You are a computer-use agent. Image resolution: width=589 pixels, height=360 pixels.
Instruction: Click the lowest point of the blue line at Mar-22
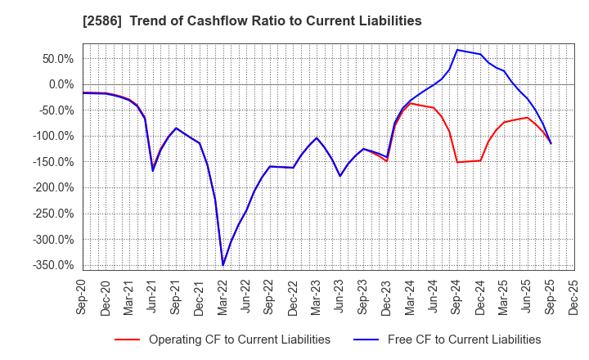223,264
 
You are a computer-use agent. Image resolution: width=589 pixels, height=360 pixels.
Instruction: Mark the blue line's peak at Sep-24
456,50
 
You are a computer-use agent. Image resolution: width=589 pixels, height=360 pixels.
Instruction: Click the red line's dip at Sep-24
456,162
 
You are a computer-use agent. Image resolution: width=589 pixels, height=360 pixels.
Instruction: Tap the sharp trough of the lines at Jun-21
153,170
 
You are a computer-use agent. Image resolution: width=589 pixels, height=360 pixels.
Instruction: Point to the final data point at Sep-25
551,143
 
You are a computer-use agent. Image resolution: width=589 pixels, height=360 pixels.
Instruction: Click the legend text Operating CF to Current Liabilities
239,340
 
